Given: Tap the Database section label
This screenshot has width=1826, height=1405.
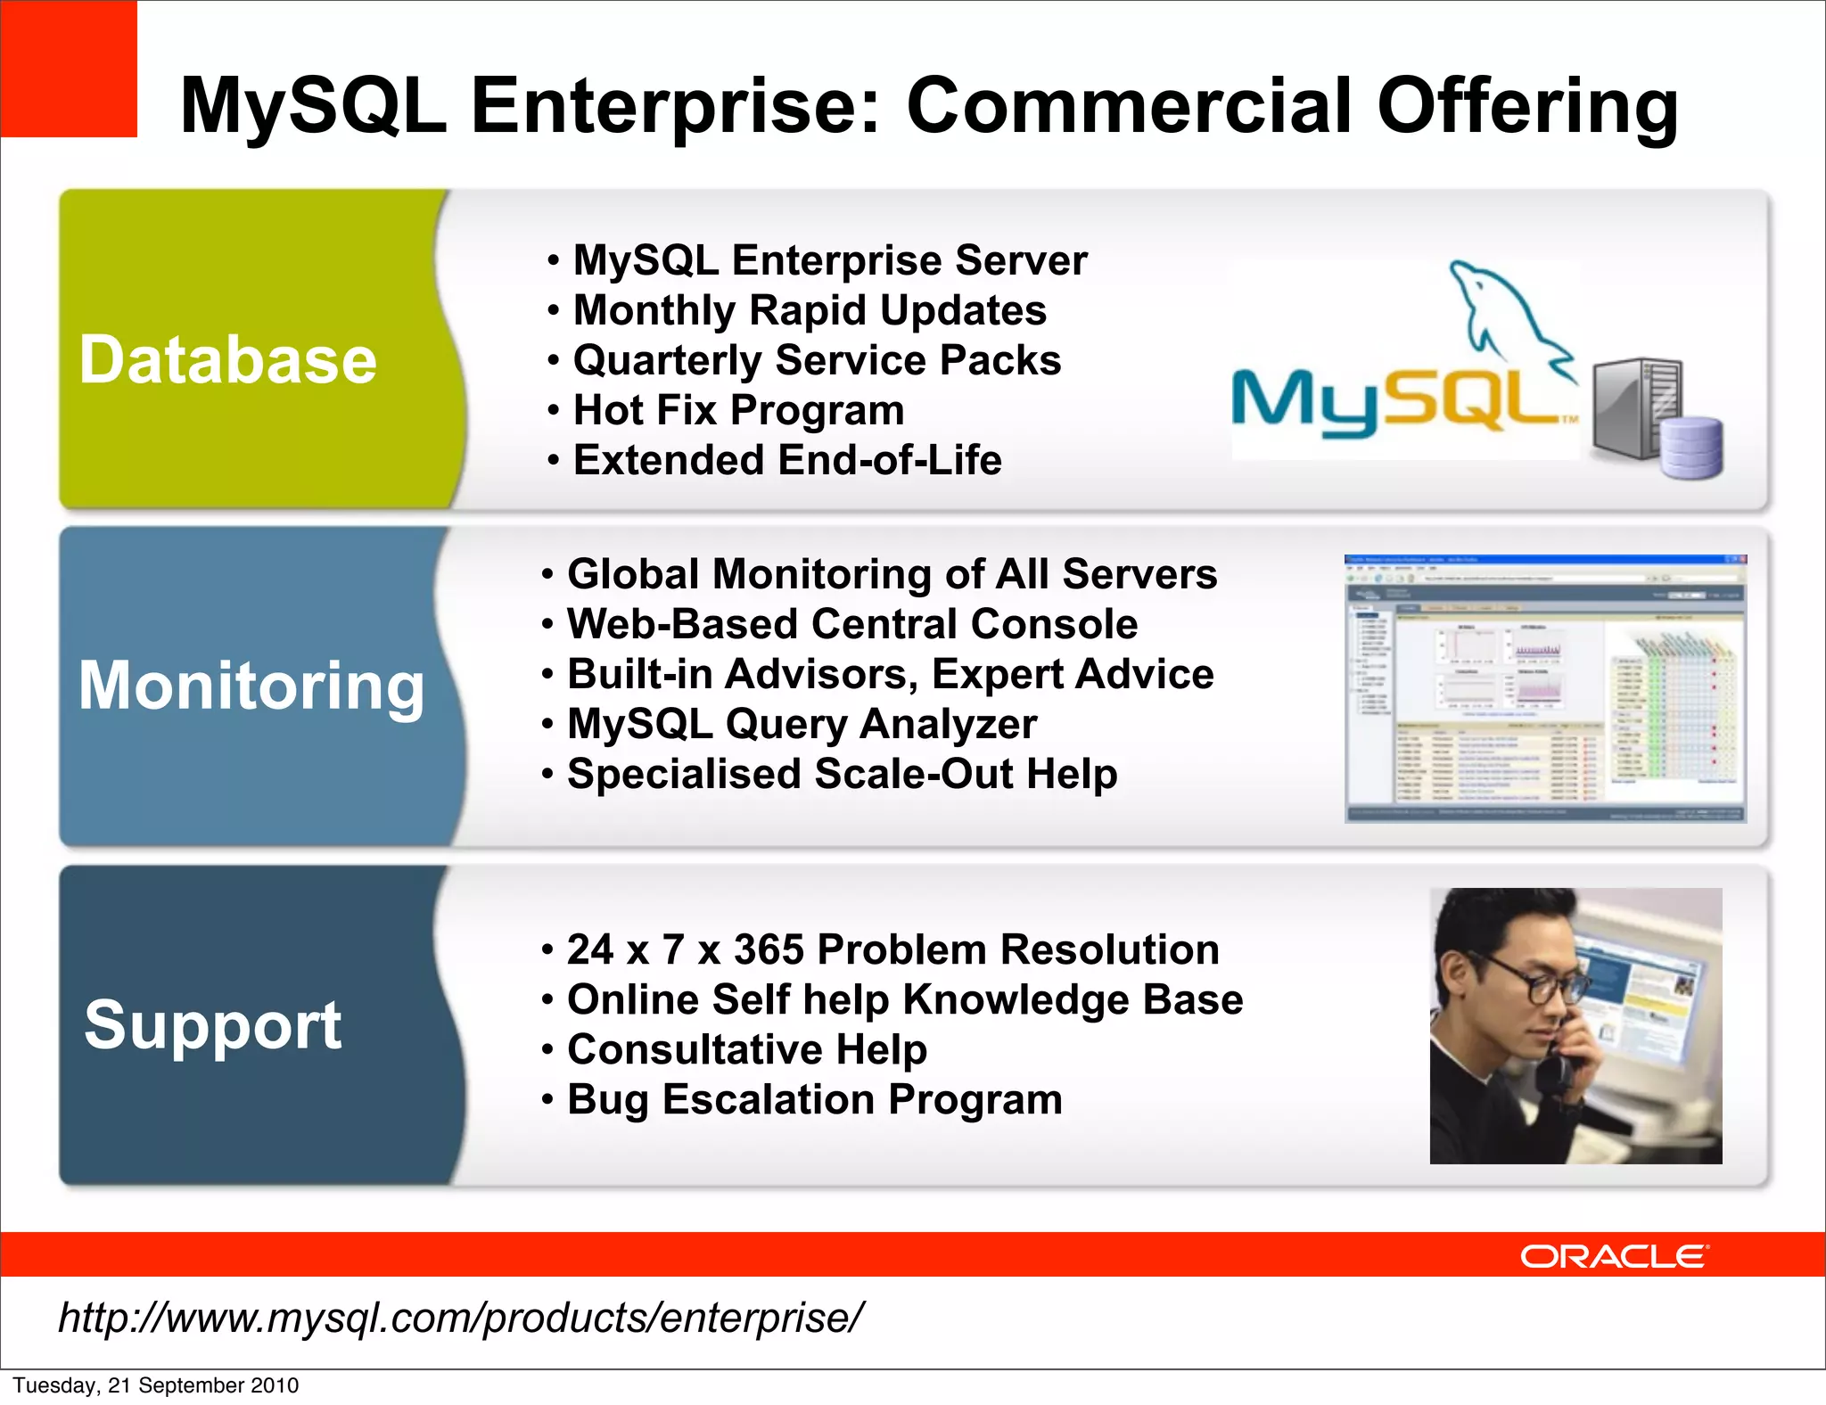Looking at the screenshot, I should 227,359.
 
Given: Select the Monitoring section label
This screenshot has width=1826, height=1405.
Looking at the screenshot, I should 251,686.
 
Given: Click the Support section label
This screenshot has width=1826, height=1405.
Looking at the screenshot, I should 212,1024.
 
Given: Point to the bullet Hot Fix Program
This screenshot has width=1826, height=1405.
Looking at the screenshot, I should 737,410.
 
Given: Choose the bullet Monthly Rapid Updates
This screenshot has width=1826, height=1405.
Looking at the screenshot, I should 809,310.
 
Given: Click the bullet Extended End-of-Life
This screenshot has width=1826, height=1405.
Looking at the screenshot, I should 786,460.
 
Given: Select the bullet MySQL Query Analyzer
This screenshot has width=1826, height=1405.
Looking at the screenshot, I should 801,724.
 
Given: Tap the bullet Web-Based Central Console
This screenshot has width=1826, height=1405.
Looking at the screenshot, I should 851,624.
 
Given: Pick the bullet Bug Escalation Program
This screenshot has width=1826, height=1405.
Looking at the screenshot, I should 814,1099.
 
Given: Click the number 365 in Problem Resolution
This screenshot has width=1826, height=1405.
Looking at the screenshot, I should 769,949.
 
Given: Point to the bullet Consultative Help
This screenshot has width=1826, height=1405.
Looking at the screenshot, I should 746,1049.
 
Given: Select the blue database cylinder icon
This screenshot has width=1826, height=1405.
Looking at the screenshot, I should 1691,448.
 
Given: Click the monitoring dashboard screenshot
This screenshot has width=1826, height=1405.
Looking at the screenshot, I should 1544,687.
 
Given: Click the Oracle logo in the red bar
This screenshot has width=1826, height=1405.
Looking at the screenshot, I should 1614,1256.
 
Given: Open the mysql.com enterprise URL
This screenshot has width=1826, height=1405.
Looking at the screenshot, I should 460,1318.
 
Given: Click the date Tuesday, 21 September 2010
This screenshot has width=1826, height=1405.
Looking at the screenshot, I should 156,1385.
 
